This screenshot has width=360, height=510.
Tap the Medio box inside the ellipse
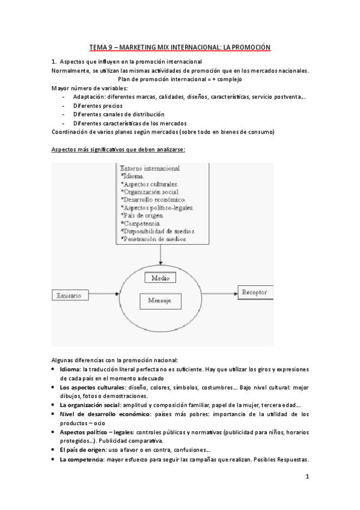tap(160, 278)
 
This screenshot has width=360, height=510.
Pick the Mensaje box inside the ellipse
tap(160, 300)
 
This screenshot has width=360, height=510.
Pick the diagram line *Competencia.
tap(143, 223)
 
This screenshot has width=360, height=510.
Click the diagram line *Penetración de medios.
tap(153, 239)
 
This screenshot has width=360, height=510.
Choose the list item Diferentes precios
tap(98, 105)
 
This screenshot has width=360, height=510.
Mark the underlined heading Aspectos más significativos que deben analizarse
tap(118, 149)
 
